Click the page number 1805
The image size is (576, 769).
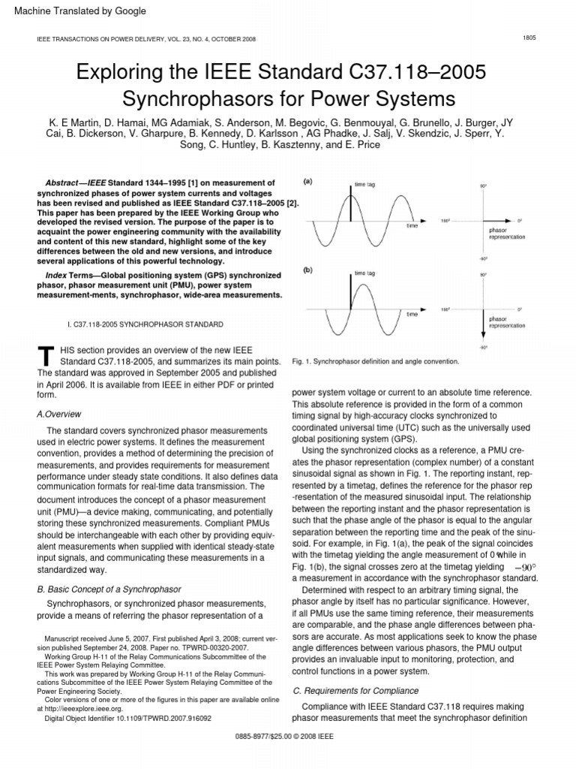(528, 38)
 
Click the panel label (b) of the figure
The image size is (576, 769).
(307, 268)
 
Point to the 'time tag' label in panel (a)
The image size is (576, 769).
(365, 184)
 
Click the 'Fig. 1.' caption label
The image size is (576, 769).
(302, 361)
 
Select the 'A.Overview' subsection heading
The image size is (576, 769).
(59, 414)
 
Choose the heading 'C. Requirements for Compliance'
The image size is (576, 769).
(355, 690)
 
